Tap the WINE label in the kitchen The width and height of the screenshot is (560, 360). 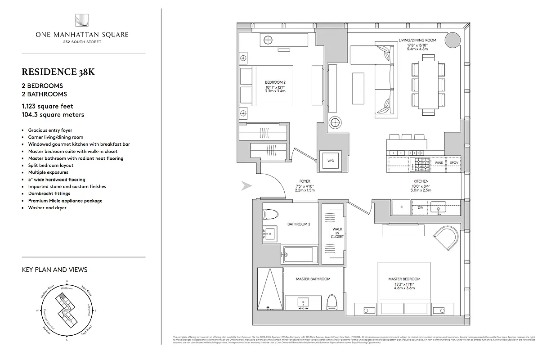pyautogui.click(x=439, y=162)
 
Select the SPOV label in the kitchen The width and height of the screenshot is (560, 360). pyautogui.click(x=454, y=162)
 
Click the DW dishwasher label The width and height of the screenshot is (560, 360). pyautogui.click(x=420, y=208)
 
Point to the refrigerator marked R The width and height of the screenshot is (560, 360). pyautogui.click(x=402, y=207)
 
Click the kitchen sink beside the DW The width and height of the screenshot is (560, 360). pyautogui.click(x=439, y=207)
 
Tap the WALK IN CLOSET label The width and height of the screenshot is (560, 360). pyautogui.click(x=337, y=233)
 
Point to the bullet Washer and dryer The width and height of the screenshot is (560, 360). pyautogui.click(x=47, y=208)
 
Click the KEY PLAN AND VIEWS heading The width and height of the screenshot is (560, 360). pyautogui.click(x=54, y=270)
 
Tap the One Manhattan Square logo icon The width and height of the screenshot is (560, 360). pyautogui.click(x=83, y=20)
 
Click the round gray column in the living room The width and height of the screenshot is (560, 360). pyautogui.click(x=452, y=40)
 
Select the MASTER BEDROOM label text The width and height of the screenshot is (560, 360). pyautogui.click(x=404, y=279)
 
